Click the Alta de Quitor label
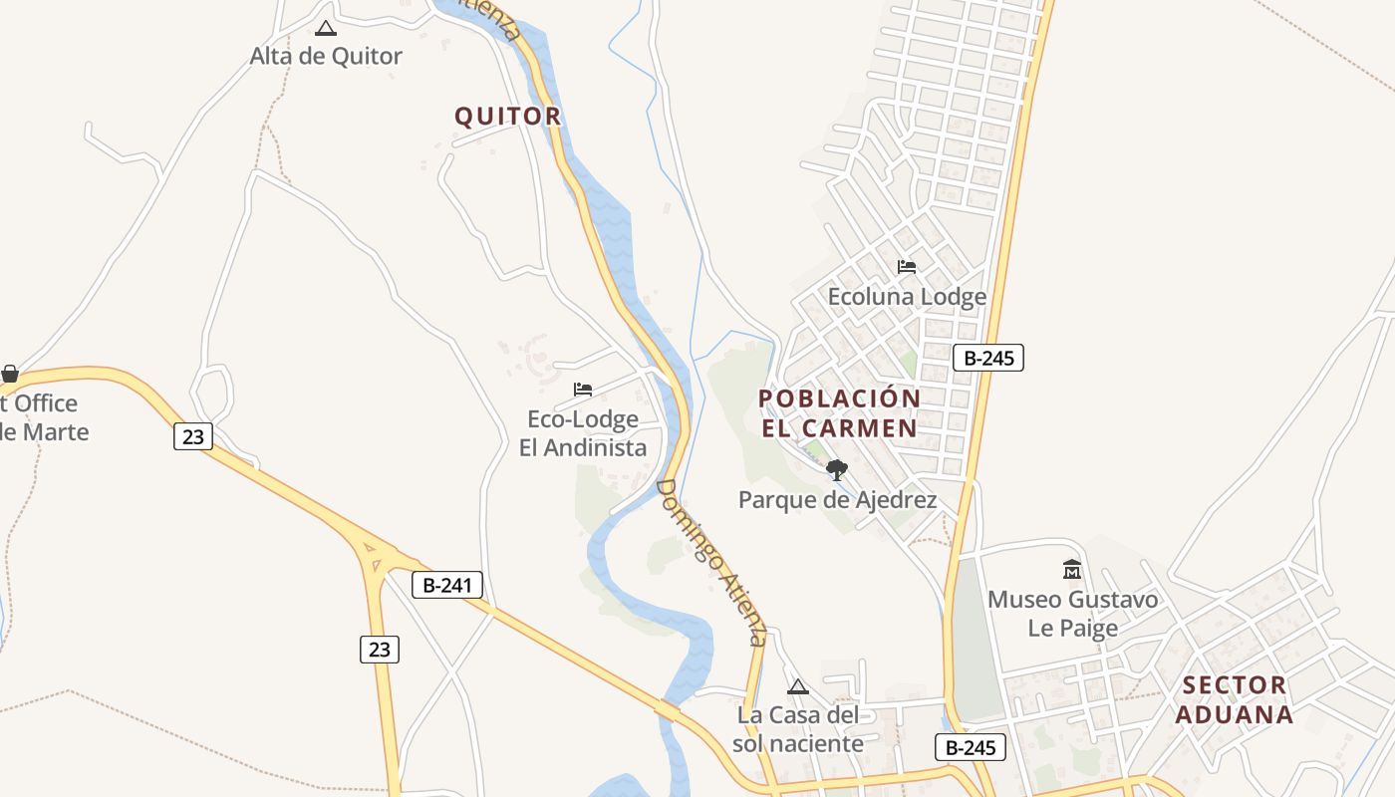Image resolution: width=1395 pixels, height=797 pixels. [x=326, y=56]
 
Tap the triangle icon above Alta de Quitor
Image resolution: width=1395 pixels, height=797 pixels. [x=325, y=28]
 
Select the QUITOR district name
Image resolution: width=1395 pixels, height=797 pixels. [x=508, y=117]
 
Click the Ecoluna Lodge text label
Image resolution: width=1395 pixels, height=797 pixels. [x=907, y=297]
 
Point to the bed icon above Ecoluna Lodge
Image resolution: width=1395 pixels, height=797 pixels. [x=907, y=267]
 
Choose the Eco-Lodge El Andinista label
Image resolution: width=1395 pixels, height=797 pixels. [x=583, y=433]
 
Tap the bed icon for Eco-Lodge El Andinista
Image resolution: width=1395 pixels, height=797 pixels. [x=583, y=389]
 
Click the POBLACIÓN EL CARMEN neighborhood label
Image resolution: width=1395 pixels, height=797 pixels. [x=840, y=413]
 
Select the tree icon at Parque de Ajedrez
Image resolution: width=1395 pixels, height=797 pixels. [x=837, y=469]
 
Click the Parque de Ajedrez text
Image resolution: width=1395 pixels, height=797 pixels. [x=837, y=500]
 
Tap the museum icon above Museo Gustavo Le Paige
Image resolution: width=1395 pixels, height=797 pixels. [x=1072, y=570]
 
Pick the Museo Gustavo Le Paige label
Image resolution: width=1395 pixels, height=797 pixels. [x=1073, y=614]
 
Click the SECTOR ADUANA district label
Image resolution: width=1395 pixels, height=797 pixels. [x=1234, y=699]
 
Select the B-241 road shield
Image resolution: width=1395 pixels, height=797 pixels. [x=447, y=585]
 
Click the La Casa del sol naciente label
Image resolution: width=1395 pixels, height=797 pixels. [x=798, y=729]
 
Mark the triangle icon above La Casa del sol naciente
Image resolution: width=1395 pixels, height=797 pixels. [x=798, y=686]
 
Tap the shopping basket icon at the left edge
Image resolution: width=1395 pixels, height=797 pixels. [x=10, y=375]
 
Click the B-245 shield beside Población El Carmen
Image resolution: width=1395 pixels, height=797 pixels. [x=988, y=358]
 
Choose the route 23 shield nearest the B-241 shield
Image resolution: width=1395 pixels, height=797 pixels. [x=380, y=650]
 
